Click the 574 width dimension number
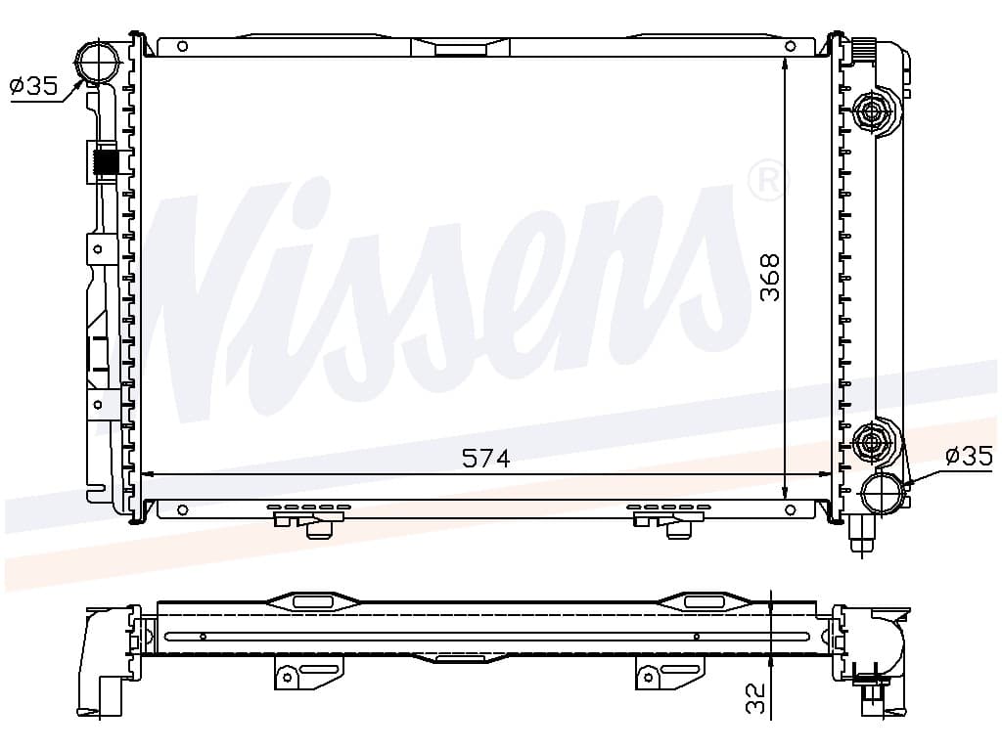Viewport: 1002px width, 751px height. [x=485, y=458]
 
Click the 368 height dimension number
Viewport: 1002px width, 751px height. [x=770, y=277]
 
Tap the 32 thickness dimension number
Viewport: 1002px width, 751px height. [x=754, y=698]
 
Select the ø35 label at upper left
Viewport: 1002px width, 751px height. [x=34, y=85]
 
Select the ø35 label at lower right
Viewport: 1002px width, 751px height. [x=970, y=456]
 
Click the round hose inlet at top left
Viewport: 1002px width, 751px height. [x=98, y=62]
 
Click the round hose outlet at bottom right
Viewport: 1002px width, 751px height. [x=884, y=493]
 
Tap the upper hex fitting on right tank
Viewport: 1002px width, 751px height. [x=871, y=112]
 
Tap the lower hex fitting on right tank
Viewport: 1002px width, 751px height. [x=871, y=441]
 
